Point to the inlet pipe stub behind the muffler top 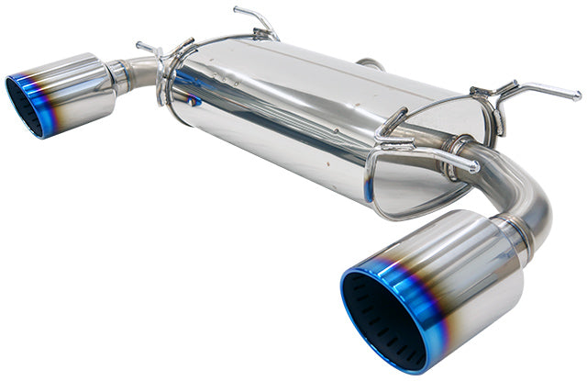click(x=371, y=64)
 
